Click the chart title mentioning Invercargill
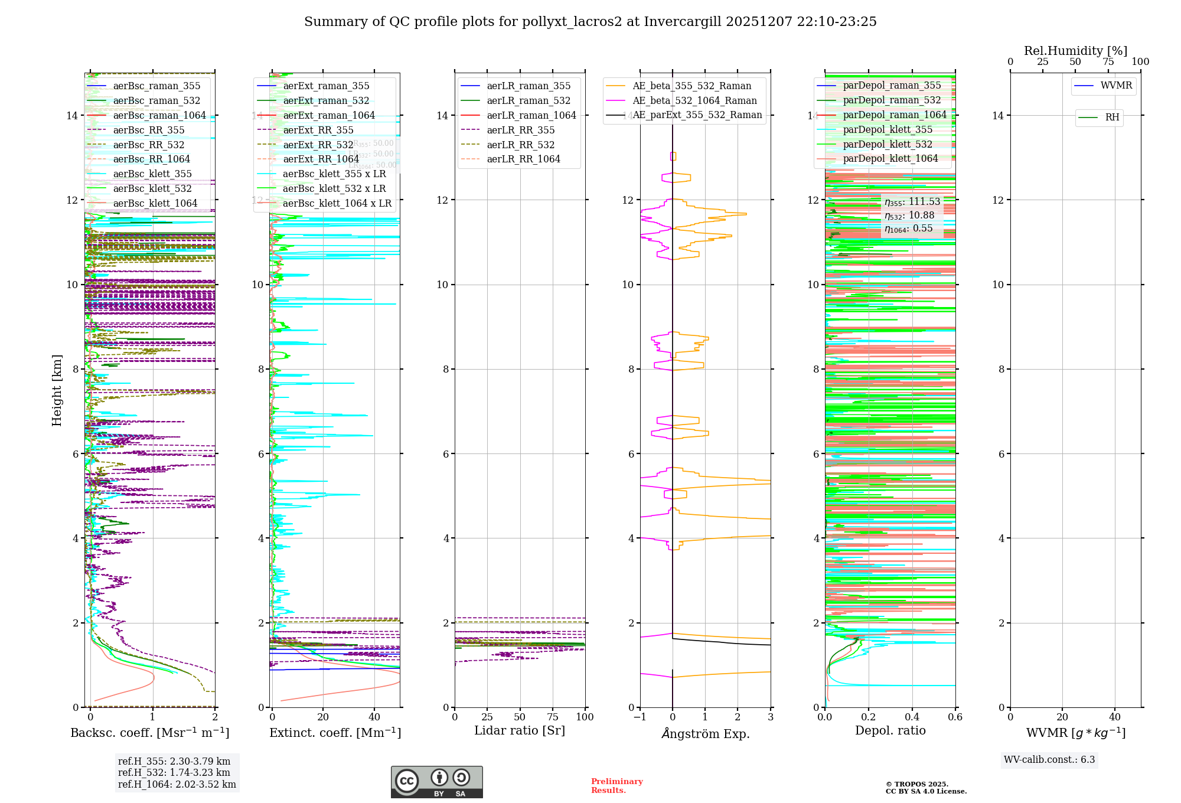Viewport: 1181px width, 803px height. pos(590,22)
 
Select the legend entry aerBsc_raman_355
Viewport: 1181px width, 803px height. pos(156,86)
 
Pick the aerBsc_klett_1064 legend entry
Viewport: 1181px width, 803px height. pos(155,204)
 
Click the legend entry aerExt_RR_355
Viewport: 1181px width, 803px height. pos(318,130)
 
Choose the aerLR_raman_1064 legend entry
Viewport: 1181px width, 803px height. pos(531,116)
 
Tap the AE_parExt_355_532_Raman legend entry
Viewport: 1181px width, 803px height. pos(697,115)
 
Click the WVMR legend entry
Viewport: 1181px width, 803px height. pos(1116,86)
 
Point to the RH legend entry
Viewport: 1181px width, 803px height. pos(1112,117)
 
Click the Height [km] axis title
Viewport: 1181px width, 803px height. pos(57,390)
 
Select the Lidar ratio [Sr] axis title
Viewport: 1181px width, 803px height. pos(520,731)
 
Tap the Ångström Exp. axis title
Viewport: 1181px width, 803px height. pos(705,734)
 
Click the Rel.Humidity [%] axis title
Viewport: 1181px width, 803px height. pos(1075,51)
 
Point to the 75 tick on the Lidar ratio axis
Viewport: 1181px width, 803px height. pos(553,717)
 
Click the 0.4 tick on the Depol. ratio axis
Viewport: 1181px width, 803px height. pos(912,717)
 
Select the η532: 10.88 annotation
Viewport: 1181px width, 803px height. pos(909,216)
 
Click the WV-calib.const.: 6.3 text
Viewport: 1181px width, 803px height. pos(1049,760)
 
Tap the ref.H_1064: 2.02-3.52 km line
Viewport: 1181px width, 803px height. pos(177,785)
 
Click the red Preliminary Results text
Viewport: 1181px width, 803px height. pos(616,786)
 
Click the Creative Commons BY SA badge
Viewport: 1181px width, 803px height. pos(436,782)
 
